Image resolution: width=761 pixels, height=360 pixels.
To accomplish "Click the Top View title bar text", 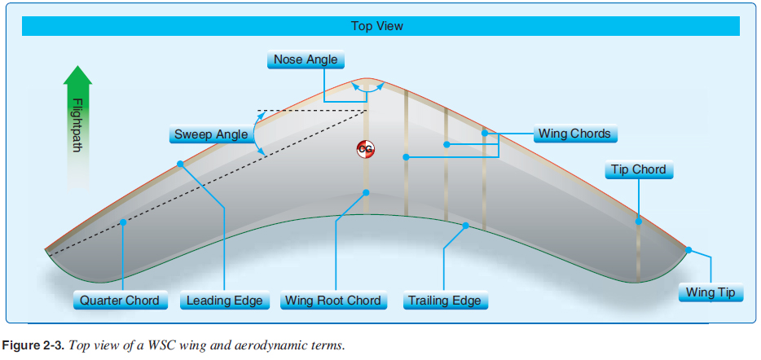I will [x=376, y=26].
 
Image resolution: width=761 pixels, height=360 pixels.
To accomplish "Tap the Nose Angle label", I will [x=306, y=59].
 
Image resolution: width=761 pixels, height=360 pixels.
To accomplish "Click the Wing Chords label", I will [x=574, y=134].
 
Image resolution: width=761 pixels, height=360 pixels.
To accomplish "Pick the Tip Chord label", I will [x=638, y=170].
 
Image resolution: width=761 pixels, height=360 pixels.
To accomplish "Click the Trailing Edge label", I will [x=445, y=301].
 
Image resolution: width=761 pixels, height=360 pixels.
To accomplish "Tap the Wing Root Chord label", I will [x=332, y=301].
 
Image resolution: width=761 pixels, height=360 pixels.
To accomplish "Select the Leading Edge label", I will [x=224, y=301].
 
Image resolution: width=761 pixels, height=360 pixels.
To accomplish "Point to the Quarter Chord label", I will [x=119, y=301].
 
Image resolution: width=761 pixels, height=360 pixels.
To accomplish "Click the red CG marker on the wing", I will [x=365, y=149].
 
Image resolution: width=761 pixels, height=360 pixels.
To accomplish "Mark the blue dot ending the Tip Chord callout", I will [x=638, y=221].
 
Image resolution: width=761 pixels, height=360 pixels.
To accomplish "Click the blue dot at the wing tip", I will [x=688, y=250].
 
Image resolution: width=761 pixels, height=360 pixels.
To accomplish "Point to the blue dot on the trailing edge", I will [x=466, y=226].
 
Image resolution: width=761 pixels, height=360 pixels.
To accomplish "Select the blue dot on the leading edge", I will [x=180, y=164].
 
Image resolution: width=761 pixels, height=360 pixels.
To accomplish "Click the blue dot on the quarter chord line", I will [x=122, y=222].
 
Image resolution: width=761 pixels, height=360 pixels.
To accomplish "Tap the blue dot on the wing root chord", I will [x=366, y=193].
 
